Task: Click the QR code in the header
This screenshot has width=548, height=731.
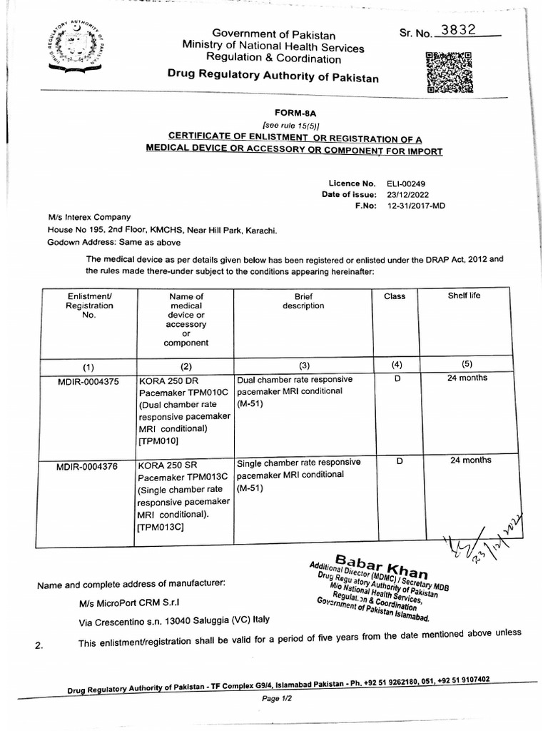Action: [x=449, y=74]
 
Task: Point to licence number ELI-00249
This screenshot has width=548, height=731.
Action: [x=407, y=183]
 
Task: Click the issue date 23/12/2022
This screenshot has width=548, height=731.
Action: [x=409, y=195]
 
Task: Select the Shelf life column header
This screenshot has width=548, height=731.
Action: [x=464, y=296]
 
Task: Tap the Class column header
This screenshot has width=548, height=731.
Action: [x=395, y=296]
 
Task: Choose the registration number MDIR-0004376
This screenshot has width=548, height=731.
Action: [x=89, y=467]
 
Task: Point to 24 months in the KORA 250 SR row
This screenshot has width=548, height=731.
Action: [x=470, y=460]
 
